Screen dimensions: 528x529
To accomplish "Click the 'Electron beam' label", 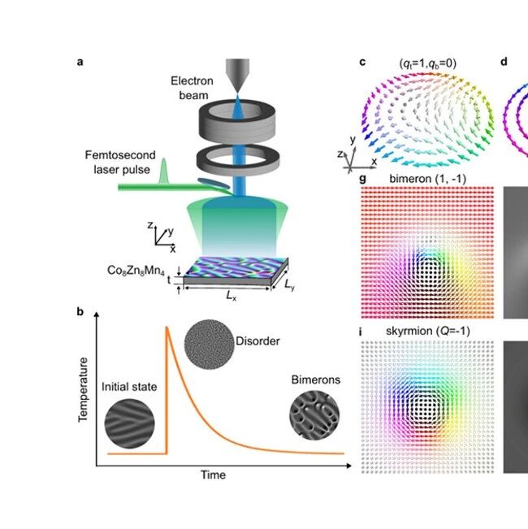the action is point(192,88).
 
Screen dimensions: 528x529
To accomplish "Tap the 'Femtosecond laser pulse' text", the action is point(120,162).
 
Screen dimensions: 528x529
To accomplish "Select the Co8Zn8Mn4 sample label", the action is point(136,271).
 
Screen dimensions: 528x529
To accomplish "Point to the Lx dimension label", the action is point(231,297).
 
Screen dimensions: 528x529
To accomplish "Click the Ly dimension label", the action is point(289,285).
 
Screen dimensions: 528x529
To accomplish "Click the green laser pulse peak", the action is point(164,159).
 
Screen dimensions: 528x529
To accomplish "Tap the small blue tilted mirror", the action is point(213,184).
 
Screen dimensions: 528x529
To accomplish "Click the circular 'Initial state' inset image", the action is point(130,423).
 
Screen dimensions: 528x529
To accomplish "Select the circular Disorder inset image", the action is point(210,344).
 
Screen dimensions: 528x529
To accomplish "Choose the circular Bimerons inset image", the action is point(314,415).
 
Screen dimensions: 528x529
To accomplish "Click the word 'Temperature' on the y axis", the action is point(83,390).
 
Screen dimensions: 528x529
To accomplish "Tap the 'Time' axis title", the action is point(213,475).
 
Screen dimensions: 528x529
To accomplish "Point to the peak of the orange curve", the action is point(167,327).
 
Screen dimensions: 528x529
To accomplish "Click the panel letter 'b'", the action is point(80,311).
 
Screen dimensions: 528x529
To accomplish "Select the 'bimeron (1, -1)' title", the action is point(427,179).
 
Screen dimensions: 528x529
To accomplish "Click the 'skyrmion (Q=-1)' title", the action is point(427,331).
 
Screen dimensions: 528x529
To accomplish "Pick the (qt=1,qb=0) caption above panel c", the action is point(427,63).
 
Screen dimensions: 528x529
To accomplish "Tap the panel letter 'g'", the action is point(363,179).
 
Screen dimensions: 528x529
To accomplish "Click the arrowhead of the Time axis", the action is point(348,466).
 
